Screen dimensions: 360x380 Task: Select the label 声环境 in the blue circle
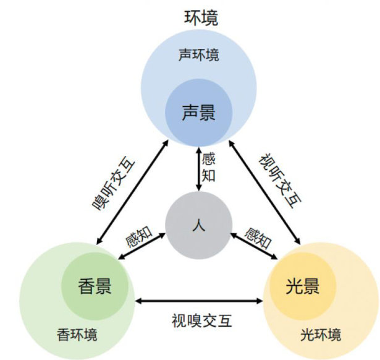199,55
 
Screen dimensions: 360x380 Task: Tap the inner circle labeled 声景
198,112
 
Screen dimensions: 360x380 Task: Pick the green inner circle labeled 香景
96,285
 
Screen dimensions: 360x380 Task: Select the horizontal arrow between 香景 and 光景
198,301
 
